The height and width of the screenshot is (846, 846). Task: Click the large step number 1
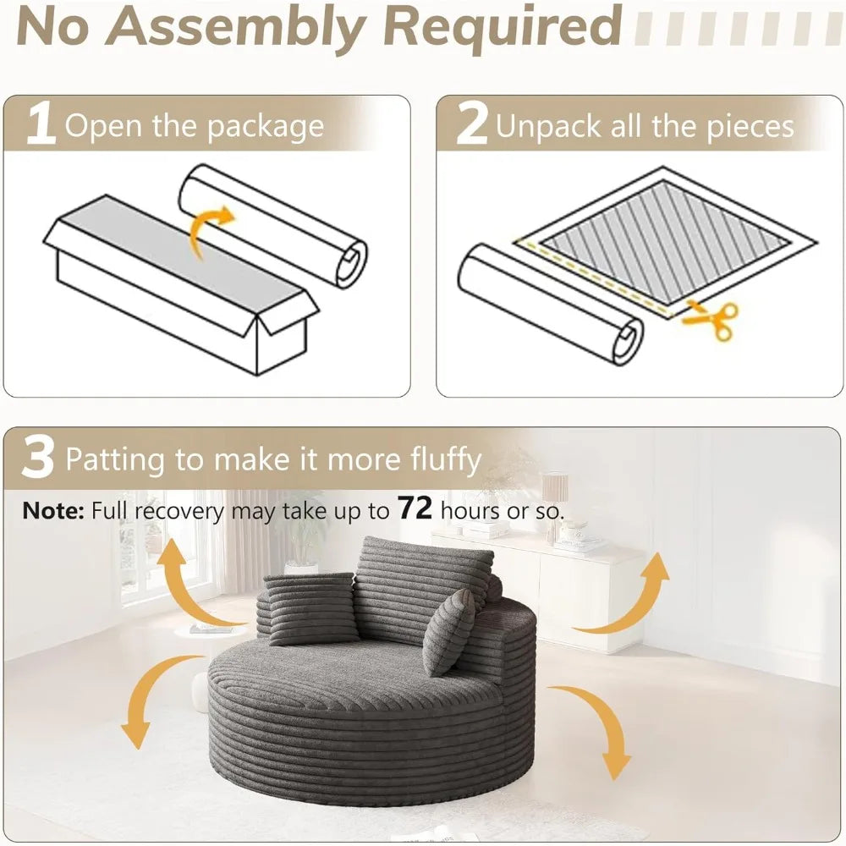tap(41, 124)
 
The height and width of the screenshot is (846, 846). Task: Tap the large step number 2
tap(472, 124)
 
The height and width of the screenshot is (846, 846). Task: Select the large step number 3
tap(38, 458)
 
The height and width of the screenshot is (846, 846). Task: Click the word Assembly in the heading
tap(239, 26)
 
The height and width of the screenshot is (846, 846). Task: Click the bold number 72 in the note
tap(415, 508)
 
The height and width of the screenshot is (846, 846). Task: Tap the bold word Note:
tap(53, 510)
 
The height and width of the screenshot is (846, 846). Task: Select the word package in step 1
tap(266, 128)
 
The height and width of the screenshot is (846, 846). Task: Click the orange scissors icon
tap(711, 320)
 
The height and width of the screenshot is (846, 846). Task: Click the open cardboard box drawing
tap(181, 285)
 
